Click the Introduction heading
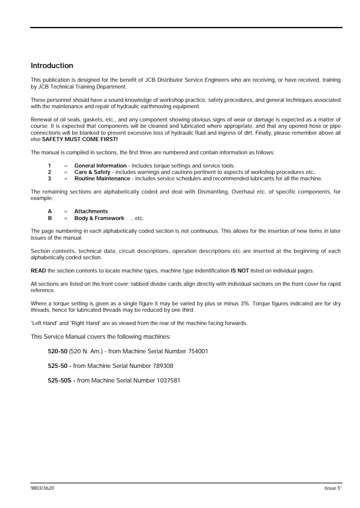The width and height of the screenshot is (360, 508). point(52,66)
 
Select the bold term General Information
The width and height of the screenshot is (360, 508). point(101,166)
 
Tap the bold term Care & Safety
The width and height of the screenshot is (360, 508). point(92,172)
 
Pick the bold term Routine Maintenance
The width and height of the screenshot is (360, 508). point(102,178)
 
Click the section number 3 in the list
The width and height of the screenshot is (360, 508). point(50,178)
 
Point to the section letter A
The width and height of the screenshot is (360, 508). point(50,211)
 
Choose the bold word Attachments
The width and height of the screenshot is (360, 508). point(91,211)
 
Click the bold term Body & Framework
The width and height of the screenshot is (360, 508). point(99,218)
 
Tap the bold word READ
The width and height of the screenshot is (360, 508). point(38,271)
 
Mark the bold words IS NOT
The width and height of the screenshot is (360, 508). point(240,271)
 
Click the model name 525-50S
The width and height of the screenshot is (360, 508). point(60,380)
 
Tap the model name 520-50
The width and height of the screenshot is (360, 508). point(58,351)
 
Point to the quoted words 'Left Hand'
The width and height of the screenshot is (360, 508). point(43,323)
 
